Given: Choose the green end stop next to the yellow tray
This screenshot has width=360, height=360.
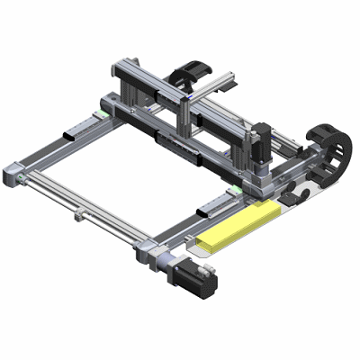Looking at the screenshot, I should [232, 190].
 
